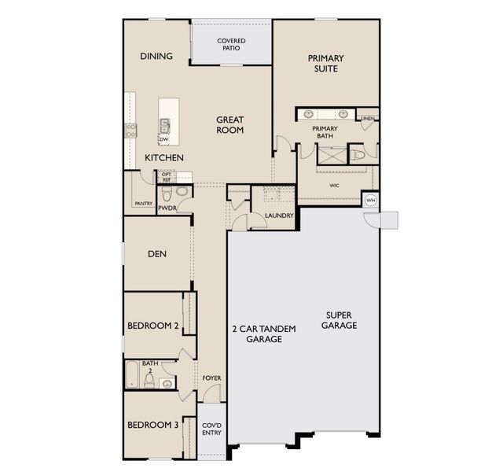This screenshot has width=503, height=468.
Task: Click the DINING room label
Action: point(156,56)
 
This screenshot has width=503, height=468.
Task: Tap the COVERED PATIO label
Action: point(231,44)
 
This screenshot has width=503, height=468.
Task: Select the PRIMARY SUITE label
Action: point(325,63)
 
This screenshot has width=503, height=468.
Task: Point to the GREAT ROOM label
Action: point(229,125)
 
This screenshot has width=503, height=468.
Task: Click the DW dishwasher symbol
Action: point(164,140)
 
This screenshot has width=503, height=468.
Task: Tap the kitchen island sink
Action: point(164,126)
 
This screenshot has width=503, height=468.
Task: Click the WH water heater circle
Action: point(370,201)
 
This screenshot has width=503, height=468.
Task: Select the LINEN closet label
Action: point(367,119)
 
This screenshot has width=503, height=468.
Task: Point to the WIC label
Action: point(334,186)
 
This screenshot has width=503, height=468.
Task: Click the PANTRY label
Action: point(143,204)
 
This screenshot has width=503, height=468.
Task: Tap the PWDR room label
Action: point(167,208)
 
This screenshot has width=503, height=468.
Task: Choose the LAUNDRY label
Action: point(279,216)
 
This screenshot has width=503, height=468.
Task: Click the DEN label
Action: point(157,254)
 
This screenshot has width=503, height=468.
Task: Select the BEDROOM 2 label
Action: point(152,326)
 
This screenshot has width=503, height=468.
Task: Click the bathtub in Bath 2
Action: point(132,374)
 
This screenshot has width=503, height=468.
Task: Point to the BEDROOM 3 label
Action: point(152,425)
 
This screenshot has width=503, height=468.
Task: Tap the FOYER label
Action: point(211,378)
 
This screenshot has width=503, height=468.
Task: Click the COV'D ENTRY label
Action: point(211,429)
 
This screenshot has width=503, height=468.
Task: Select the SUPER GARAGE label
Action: point(339,320)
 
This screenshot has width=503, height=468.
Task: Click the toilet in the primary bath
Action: point(358,156)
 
